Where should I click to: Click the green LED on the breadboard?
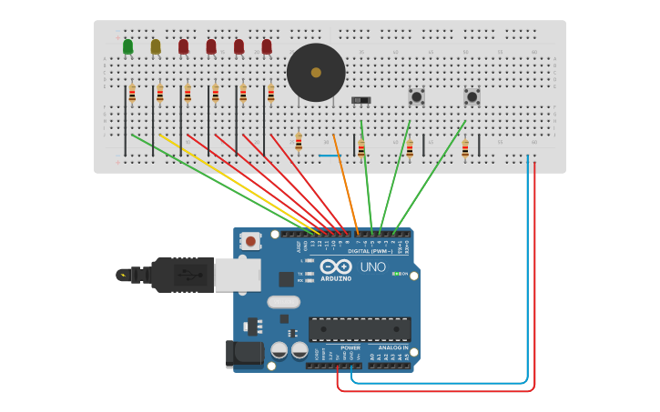click(127, 46)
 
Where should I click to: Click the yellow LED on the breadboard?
click(156, 46)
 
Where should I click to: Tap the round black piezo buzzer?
click(316, 73)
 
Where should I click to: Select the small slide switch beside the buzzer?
click(361, 99)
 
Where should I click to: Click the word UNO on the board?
click(373, 267)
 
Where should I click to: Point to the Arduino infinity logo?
click(335, 266)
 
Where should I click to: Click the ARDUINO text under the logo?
click(336, 278)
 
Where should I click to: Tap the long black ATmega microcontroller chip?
click(360, 328)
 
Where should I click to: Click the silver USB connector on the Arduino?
click(237, 275)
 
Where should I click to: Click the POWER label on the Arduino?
click(350, 347)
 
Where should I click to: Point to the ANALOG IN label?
click(392, 347)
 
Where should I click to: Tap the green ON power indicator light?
click(397, 274)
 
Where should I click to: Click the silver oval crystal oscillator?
click(283, 302)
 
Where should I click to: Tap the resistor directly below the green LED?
click(132, 94)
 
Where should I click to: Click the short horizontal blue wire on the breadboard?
click(330, 155)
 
